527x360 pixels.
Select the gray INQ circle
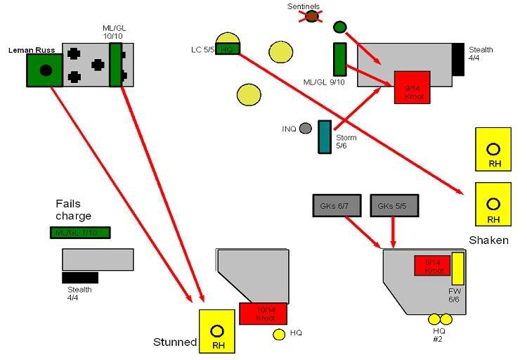305,129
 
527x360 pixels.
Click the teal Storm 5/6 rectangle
324,136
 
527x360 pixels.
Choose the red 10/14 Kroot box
263,314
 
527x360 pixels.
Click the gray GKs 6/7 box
337,205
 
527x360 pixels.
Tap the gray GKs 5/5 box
394,205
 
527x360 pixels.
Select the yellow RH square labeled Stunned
216,330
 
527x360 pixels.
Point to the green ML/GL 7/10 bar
80,233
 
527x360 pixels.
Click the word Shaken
488,240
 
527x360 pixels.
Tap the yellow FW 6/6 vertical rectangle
457,269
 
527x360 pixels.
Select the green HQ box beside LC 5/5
228,49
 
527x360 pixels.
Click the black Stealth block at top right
458,59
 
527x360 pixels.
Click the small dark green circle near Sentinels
340,27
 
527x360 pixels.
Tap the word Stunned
174,342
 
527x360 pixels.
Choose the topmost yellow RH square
493,150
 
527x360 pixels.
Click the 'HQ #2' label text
439,335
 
